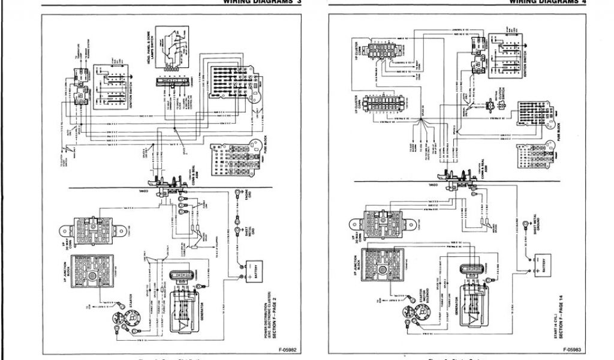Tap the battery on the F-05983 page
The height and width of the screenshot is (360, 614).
pyautogui.click(x=542, y=262)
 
